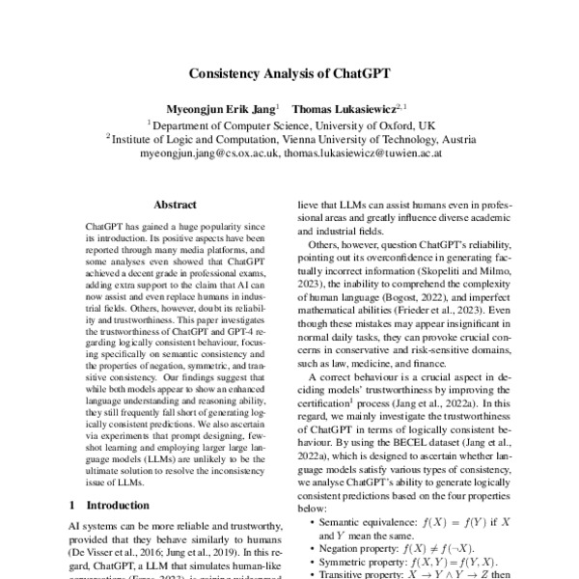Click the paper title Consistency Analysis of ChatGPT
pyautogui.click(x=289, y=72)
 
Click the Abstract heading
pyautogui.click(x=175, y=205)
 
